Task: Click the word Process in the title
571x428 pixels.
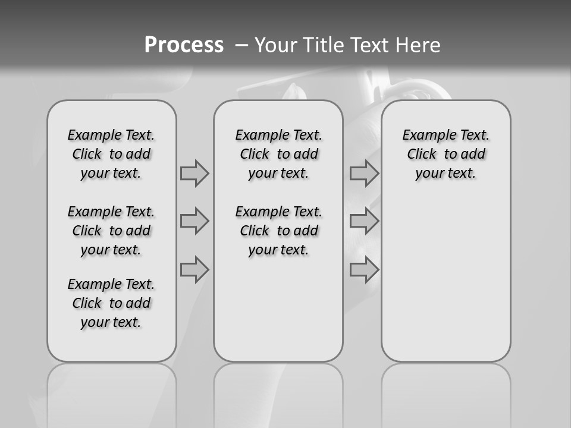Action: click(x=184, y=45)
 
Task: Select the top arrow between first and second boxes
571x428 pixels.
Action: click(x=194, y=174)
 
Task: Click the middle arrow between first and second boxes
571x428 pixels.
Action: click(x=194, y=221)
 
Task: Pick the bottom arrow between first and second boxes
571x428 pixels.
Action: click(x=194, y=270)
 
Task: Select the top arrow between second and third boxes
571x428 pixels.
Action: click(x=364, y=174)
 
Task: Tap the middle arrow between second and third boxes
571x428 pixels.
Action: click(x=364, y=221)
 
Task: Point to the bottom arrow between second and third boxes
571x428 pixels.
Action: click(x=364, y=270)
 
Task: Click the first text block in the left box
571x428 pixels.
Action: click(x=111, y=154)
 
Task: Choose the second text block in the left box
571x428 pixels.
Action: click(x=111, y=231)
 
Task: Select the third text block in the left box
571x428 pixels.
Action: click(x=111, y=303)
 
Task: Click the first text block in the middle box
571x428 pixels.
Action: click(x=279, y=154)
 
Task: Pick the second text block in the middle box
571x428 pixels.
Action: click(x=279, y=231)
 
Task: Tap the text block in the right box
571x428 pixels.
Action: click(x=446, y=154)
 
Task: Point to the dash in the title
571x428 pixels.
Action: click(x=241, y=45)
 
